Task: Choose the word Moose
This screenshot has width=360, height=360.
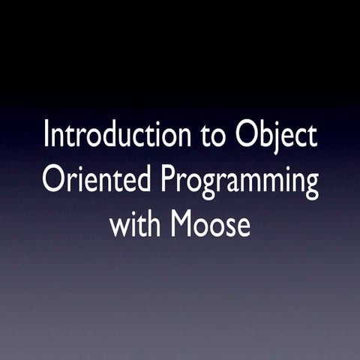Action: [x=211, y=223]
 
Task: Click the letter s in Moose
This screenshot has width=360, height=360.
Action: [x=230, y=226]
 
